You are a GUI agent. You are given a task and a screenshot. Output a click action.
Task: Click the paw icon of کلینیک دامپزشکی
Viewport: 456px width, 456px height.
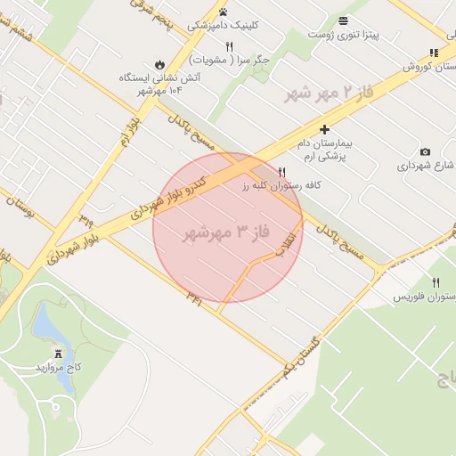[223, 12]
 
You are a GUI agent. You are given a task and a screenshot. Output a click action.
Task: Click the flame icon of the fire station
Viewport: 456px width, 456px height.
[159, 64]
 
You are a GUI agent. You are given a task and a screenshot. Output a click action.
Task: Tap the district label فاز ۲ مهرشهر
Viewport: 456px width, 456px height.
[328, 94]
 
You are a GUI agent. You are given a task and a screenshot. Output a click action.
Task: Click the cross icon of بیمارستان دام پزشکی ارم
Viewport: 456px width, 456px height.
[324, 128]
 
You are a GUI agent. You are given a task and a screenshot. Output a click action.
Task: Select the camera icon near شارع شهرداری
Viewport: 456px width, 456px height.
[424, 151]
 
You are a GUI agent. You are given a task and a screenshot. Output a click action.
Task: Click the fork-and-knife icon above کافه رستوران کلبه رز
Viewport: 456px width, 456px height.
[282, 171]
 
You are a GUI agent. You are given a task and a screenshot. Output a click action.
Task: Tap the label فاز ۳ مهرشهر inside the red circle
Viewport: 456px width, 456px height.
[225, 233]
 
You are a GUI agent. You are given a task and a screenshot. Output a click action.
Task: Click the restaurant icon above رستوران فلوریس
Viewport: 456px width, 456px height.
[436, 282]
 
